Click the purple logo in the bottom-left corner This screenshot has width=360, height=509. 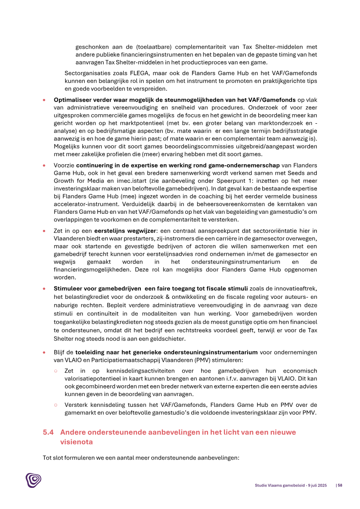(x=33, y=481)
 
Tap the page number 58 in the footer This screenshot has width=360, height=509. (x=340, y=485)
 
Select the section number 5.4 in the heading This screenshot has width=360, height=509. (x=48, y=432)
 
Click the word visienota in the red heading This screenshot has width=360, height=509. (x=76, y=442)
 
